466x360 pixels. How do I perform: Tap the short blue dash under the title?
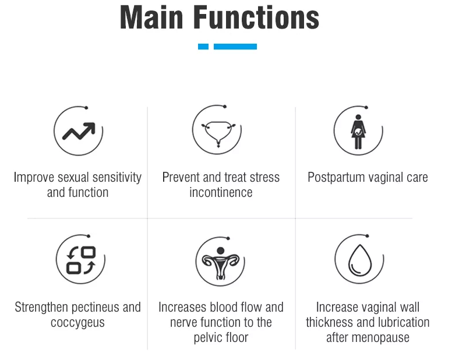click(x=203, y=47)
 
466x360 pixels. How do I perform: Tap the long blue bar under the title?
click(x=235, y=47)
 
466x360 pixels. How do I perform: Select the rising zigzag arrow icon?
click(x=78, y=132)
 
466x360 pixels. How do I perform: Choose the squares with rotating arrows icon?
click(x=80, y=260)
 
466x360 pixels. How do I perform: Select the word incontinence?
click(x=221, y=193)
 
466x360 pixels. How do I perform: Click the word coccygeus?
click(x=78, y=323)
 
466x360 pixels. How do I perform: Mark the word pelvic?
click(x=210, y=338)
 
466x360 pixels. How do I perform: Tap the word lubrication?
click(x=400, y=323)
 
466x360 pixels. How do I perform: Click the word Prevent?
click(x=181, y=178)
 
